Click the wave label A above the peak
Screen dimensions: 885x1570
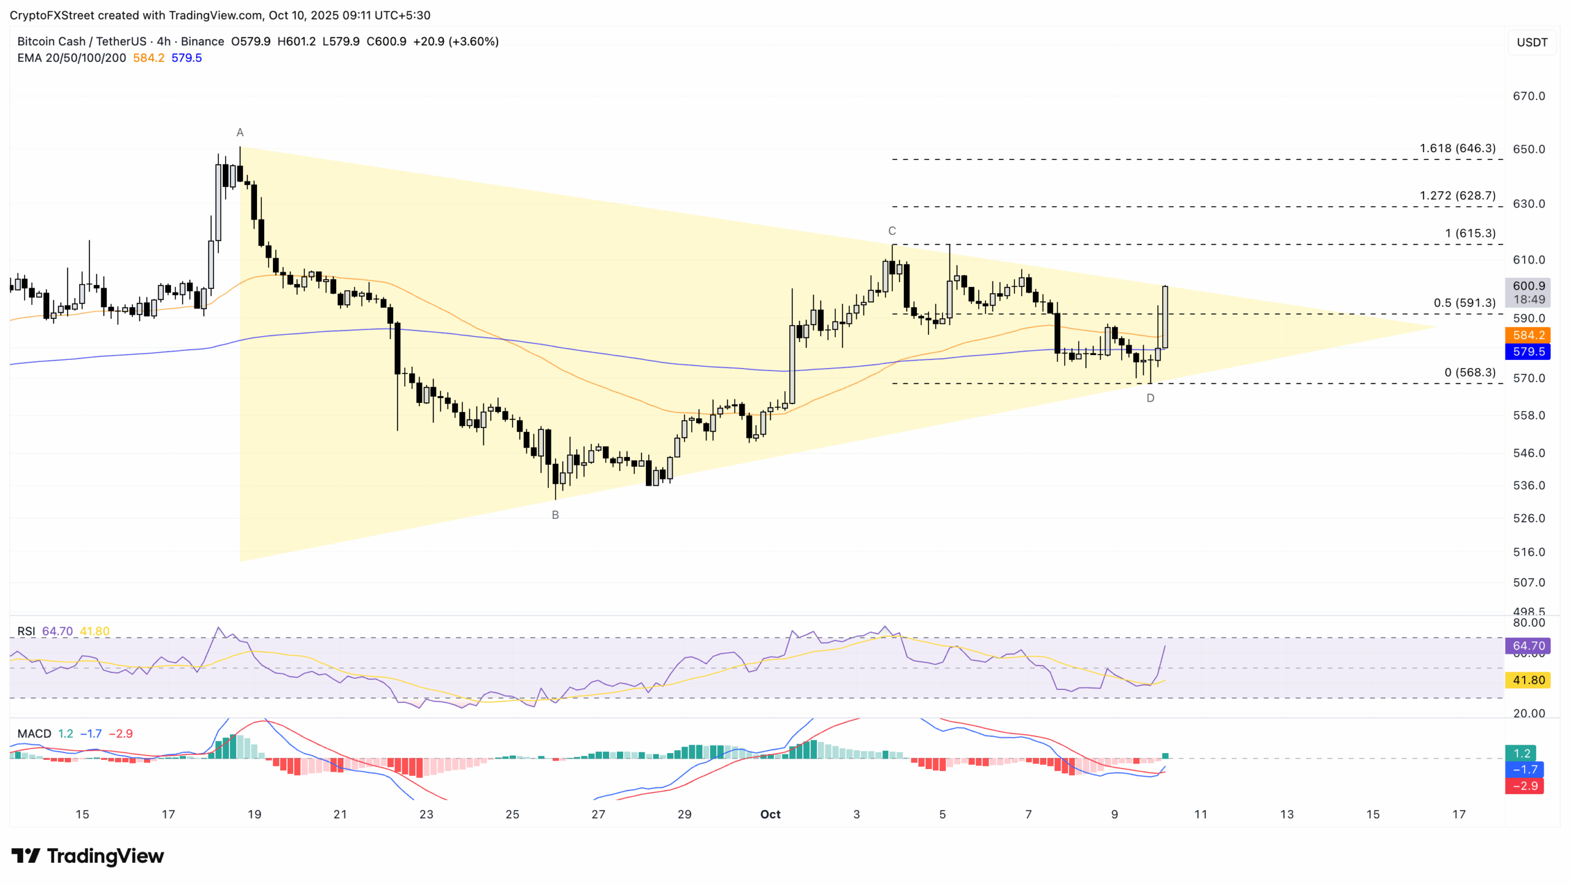pyautogui.click(x=240, y=132)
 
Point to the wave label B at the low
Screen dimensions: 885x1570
pyautogui.click(x=555, y=515)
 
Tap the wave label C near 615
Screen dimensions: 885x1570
pyautogui.click(x=892, y=231)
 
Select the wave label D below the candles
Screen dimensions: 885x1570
pyautogui.click(x=1150, y=398)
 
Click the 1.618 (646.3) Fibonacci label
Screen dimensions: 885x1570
pyautogui.click(x=1457, y=148)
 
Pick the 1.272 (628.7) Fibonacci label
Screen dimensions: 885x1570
pyautogui.click(x=1457, y=196)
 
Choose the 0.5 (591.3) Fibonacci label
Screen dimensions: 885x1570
pyautogui.click(x=1464, y=303)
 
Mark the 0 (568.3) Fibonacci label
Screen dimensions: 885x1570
pyautogui.click(x=1469, y=372)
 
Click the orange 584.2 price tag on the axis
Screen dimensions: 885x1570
pyautogui.click(x=1527, y=335)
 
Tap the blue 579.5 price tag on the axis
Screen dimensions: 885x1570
pyautogui.click(x=1527, y=351)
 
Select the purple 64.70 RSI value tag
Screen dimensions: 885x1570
pyautogui.click(x=1527, y=646)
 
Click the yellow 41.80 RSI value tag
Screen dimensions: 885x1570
pyautogui.click(x=1527, y=680)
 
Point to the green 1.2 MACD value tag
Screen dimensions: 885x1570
pyautogui.click(x=1522, y=753)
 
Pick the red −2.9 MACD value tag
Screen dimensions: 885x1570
pyautogui.click(x=1524, y=786)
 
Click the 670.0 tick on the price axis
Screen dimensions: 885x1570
pyautogui.click(x=1528, y=96)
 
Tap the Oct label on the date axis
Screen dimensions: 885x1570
pyautogui.click(x=770, y=814)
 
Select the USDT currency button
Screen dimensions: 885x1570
pyautogui.click(x=1531, y=42)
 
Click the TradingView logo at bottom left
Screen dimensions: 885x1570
pyautogui.click(x=88, y=856)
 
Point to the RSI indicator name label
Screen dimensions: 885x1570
pyautogui.click(x=26, y=631)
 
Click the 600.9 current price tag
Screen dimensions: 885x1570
pyautogui.click(x=1527, y=286)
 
